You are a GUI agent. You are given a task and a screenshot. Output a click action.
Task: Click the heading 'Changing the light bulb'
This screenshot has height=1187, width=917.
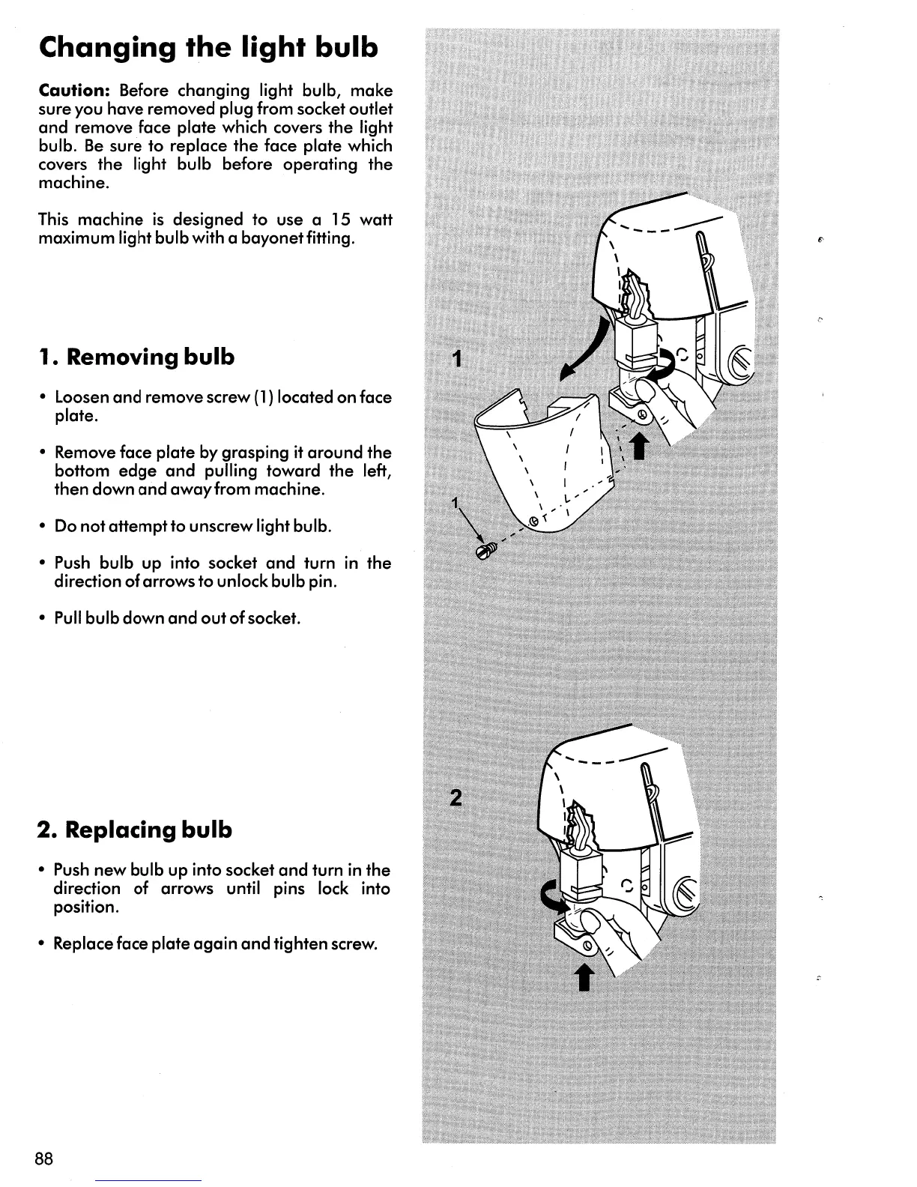208,48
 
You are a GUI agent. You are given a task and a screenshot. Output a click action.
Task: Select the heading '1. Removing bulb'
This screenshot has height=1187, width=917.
136,357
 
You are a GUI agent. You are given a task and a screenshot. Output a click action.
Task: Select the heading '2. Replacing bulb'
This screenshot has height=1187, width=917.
135,830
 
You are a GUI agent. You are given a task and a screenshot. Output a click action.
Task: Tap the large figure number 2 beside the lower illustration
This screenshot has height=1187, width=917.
455,798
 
